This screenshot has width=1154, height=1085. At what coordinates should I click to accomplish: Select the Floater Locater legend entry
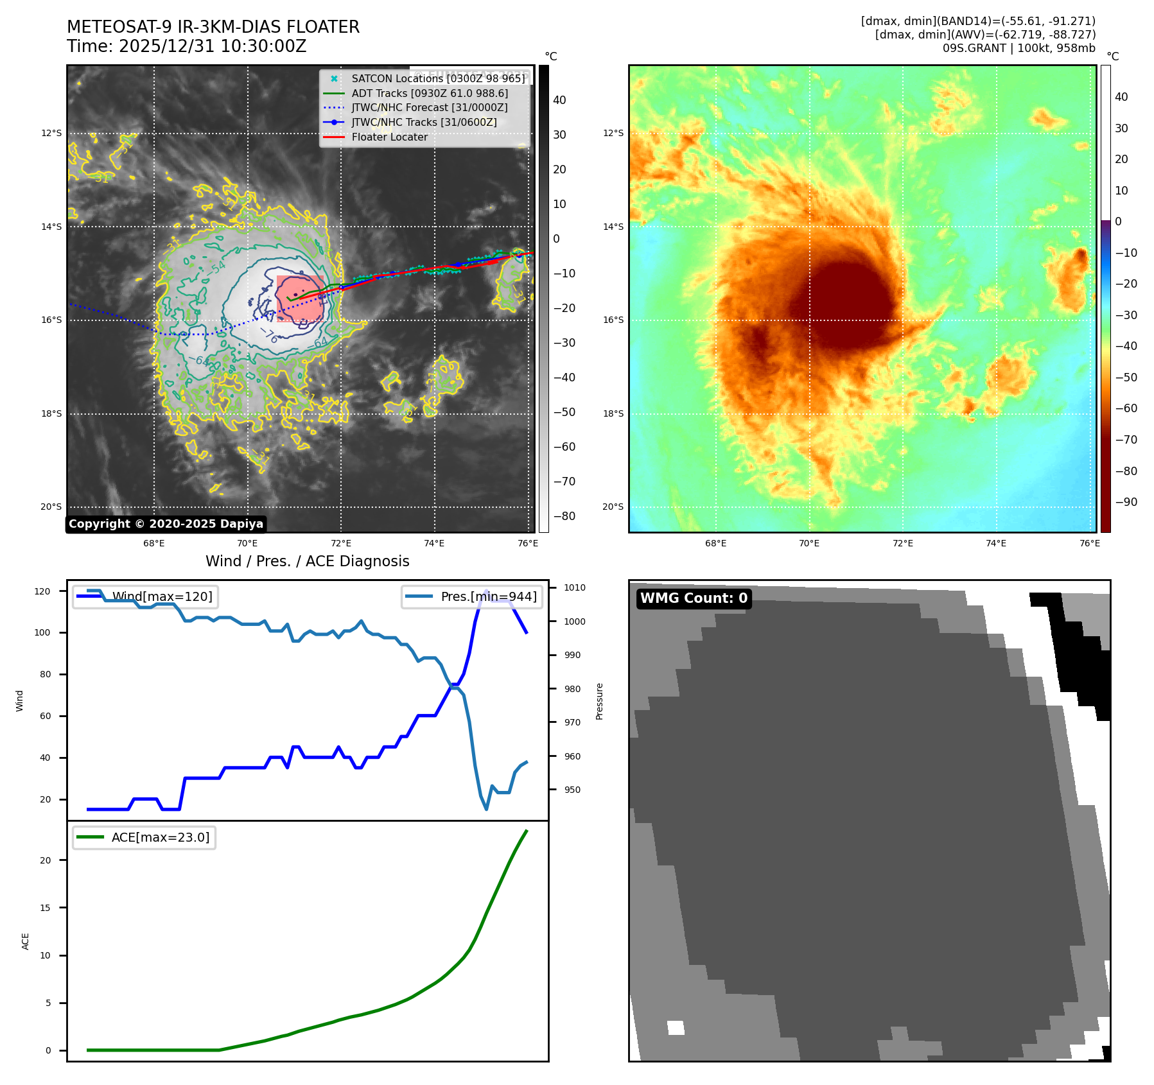[x=389, y=137]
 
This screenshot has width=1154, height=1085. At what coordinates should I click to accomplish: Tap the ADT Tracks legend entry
[x=429, y=93]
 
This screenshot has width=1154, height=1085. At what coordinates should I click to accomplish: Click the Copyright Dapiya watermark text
[x=166, y=524]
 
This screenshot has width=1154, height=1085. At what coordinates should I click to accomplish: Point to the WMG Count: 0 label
[x=694, y=598]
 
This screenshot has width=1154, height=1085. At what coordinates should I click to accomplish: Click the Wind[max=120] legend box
[x=145, y=596]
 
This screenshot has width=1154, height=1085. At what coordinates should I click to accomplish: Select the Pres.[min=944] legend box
[x=472, y=596]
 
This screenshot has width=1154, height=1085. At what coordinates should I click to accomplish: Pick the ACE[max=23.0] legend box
[x=144, y=837]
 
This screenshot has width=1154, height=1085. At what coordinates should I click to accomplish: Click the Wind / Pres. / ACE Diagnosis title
[x=307, y=561]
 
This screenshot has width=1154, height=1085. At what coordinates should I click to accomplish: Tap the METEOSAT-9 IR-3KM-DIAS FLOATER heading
[x=213, y=27]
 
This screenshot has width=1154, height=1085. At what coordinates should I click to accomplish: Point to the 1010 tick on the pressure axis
[x=575, y=587]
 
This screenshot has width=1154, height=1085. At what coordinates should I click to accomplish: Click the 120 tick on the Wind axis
[x=42, y=591]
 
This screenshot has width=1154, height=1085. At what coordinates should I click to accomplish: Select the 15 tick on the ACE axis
[x=45, y=908]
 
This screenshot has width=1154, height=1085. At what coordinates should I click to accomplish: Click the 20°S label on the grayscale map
[x=51, y=507]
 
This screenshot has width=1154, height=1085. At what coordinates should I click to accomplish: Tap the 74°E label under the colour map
[x=995, y=543]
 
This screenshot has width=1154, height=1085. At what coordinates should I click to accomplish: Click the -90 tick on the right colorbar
[x=1126, y=502]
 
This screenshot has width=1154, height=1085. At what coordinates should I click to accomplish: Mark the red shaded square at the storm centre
[x=300, y=299]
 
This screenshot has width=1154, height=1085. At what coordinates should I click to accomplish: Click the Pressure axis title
[x=599, y=701]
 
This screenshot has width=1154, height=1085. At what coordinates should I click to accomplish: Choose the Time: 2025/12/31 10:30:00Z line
[x=186, y=46]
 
